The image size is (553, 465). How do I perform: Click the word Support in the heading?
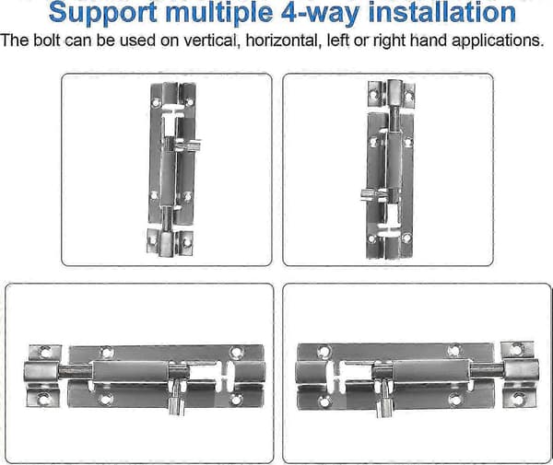point(102,14)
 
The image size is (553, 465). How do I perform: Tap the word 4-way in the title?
point(321,13)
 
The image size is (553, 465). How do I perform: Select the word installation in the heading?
point(441,12)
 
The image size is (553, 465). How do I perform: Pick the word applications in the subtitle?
point(498,41)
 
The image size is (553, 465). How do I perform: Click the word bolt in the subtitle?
point(47,41)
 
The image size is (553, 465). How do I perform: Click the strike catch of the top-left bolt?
point(170,243)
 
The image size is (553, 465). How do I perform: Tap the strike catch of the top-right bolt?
point(391,94)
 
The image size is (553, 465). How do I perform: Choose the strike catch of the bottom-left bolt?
point(43,376)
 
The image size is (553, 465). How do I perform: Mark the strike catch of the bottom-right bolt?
point(520,375)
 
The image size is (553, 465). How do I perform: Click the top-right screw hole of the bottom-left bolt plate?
point(236,353)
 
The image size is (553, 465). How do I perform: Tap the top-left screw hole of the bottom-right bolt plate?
point(324,353)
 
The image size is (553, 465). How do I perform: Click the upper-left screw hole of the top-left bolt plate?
point(157,102)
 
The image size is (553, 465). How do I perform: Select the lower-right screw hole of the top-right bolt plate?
point(406,238)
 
